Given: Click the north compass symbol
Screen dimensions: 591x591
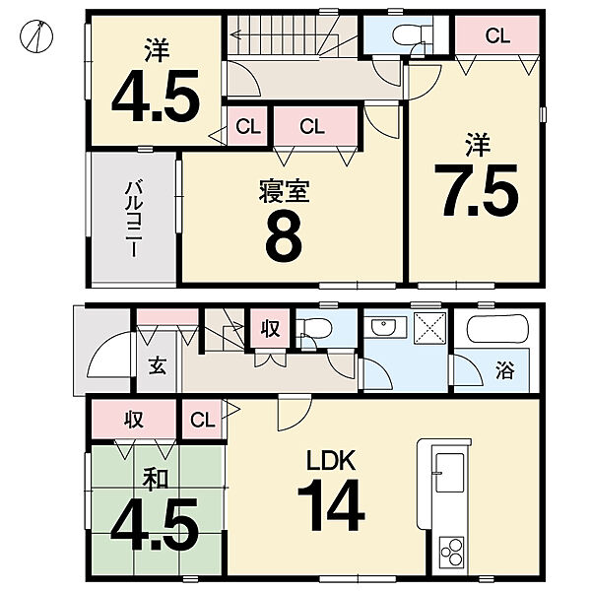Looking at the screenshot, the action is pyautogui.click(x=36, y=35).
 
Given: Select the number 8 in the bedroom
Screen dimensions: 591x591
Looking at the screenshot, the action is pyautogui.click(x=285, y=237).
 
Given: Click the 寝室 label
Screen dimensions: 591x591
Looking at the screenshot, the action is pyautogui.click(x=285, y=192).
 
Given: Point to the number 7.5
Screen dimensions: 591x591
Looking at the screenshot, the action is pyautogui.click(x=477, y=190).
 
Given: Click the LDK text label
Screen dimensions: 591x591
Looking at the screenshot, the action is pyautogui.click(x=331, y=460).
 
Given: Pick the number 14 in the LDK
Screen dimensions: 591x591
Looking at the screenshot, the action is pyautogui.click(x=331, y=505).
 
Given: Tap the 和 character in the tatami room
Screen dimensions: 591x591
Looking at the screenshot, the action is pyautogui.click(x=156, y=481).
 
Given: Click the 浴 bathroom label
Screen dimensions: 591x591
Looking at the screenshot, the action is pyautogui.click(x=504, y=370).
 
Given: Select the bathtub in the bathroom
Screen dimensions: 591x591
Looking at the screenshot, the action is pyautogui.click(x=497, y=329).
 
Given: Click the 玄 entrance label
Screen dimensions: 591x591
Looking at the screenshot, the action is pyautogui.click(x=157, y=365).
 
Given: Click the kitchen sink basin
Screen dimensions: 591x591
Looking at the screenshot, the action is pyautogui.click(x=450, y=472).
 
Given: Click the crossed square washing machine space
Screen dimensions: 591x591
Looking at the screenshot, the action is pyautogui.click(x=430, y=328).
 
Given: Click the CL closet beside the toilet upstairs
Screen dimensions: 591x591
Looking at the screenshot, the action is pyautogui.click(x=497, y=36).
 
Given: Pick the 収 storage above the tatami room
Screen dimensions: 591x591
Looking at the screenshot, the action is pyautogui.click(x=134, y=419).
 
